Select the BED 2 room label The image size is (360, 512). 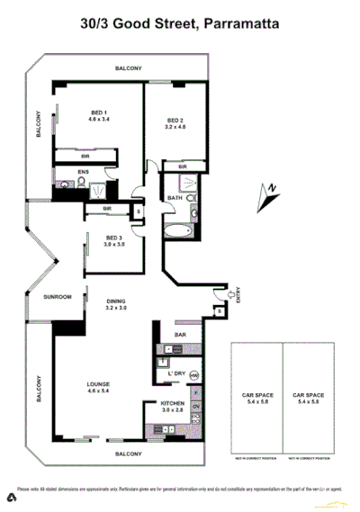click(x=175, y=121)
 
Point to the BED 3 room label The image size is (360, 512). click(x=112, y=238)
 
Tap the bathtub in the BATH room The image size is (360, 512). click(x=177, y=232)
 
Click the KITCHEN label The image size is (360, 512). click(x=172, y=403)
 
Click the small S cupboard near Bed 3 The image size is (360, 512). click(x=138, y=212)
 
